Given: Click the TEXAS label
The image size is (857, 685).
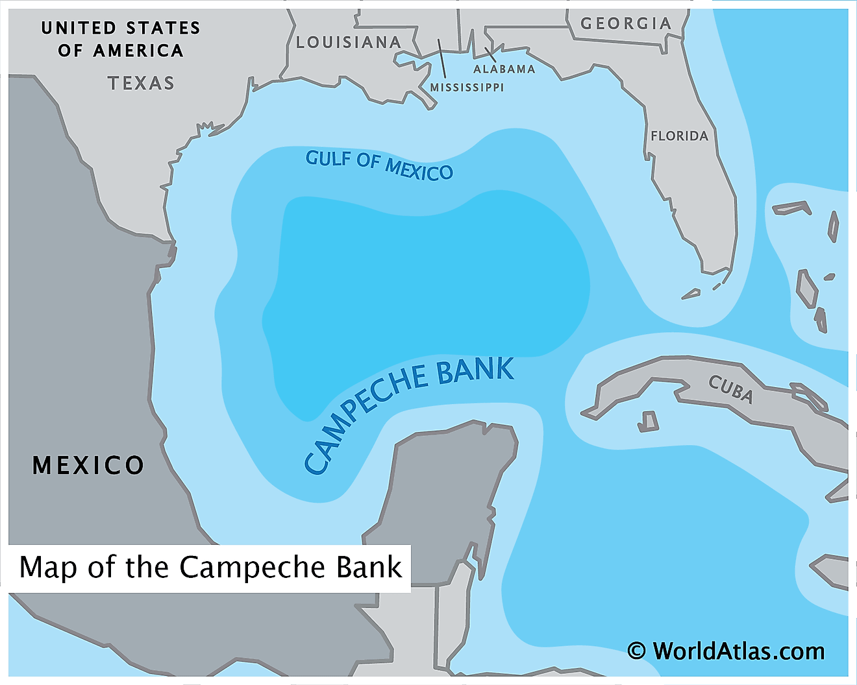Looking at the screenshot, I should point(141,83).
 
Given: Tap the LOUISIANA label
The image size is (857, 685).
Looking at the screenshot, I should point(349,43).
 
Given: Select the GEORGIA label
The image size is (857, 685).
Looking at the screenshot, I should point(625,24).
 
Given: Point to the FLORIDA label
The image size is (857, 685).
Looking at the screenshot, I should point(679,136).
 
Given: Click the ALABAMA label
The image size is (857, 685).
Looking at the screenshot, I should point(504,69).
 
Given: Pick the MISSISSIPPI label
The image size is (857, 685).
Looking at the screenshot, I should point(467,88).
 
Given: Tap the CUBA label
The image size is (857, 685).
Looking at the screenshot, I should point(730,389).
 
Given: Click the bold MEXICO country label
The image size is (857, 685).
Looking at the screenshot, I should point(88,465).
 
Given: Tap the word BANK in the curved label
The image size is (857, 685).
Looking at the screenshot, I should point(475,371).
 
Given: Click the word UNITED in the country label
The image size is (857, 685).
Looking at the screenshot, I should point(79,28).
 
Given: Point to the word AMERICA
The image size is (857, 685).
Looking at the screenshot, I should point(138,51).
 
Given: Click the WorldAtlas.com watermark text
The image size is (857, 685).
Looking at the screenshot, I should point(738,651).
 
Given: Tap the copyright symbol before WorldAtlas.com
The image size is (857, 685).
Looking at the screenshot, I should point(636,651).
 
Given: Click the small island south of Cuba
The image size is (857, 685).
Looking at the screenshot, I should point(648,422).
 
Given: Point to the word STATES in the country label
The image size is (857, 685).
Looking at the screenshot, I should point(163,28).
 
